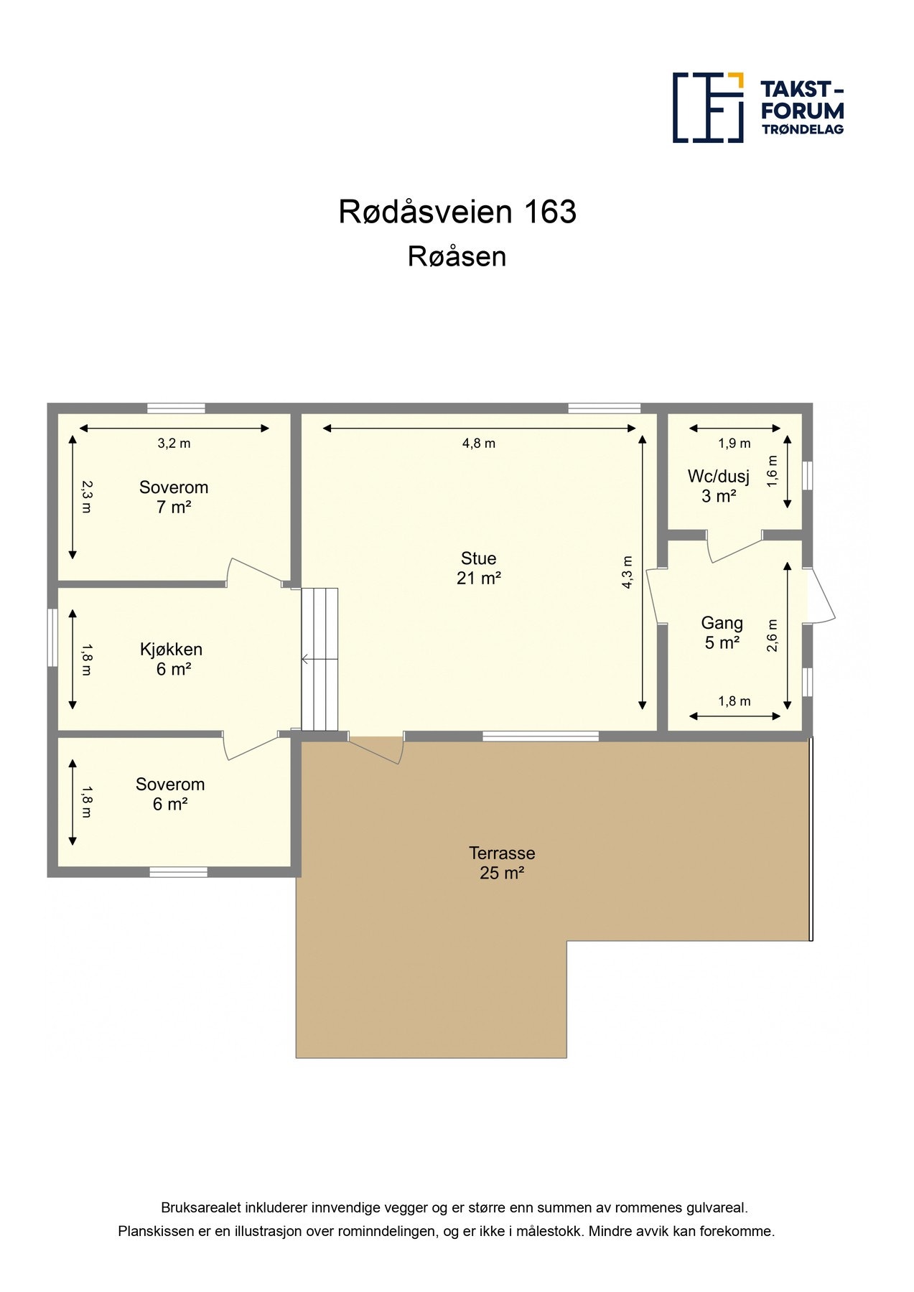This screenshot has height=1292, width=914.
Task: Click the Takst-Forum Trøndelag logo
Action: coord(757,108)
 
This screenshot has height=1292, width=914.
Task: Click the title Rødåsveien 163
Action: coord(457,212)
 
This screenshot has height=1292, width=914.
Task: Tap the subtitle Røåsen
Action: coord(457,256)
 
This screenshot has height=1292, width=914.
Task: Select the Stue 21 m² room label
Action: coord(478,568)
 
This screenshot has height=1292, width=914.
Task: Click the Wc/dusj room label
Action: coord(718,486)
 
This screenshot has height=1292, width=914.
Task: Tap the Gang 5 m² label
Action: coord(722,632)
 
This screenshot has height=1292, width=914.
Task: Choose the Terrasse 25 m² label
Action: coord(502,863)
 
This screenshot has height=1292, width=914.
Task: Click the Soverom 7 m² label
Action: coord(174,497)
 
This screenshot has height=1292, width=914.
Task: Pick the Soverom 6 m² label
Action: coord(170,794)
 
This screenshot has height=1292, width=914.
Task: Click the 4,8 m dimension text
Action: coord(479,444)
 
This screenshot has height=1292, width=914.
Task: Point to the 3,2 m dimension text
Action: coord(174,444)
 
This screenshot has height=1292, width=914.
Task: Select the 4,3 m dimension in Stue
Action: coord(628,572)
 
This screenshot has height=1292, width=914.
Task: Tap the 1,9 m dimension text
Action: coord(735,444)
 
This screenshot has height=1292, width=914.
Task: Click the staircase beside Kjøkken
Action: coord(320,659)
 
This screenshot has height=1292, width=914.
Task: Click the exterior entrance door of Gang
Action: coord(821,596)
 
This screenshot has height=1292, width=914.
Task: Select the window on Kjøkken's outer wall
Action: coord(52,637)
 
